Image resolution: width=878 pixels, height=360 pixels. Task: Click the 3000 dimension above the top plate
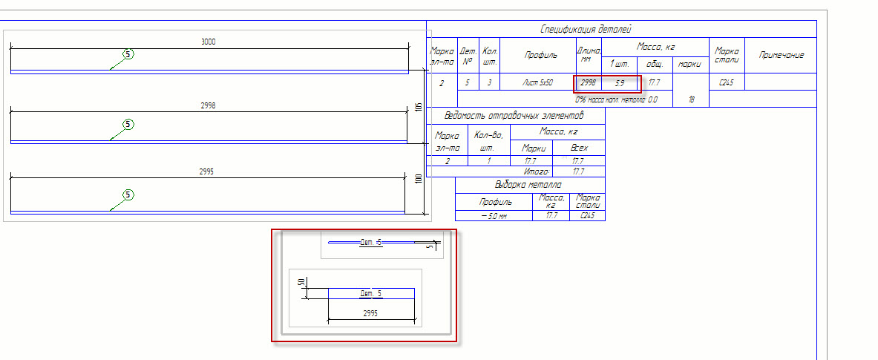pos(209,42)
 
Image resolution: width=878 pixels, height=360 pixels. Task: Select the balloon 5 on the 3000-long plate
pos(128,54)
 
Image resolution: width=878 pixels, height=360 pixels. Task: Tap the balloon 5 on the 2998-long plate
pos(128,124)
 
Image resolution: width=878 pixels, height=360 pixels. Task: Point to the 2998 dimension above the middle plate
pos(208,105)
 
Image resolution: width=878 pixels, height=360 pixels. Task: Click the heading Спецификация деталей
pos(586,29)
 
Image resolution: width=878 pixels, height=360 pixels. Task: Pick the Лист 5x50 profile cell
pos(537,82)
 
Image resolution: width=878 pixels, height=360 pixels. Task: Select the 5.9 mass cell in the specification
pos(619,82)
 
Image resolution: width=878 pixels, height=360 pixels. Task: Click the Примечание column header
pos(781,55)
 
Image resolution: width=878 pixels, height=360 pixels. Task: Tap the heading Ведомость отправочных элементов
pos(514,115)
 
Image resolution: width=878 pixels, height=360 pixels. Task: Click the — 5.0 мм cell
pos(494,216)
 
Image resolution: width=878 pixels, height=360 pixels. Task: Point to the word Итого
pos(536,171)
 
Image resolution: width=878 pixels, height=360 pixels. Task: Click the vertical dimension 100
pos(418,179)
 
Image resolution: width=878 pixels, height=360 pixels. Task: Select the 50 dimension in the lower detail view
pos(301,283)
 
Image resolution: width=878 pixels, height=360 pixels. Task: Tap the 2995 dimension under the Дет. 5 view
pos(371,313)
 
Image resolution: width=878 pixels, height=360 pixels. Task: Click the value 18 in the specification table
pos(691,98)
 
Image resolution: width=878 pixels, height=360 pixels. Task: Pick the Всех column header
pos(579,148)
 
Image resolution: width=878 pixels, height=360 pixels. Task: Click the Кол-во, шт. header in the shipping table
pos(488,140)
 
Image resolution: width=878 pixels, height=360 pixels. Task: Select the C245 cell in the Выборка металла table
pos(587,216)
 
